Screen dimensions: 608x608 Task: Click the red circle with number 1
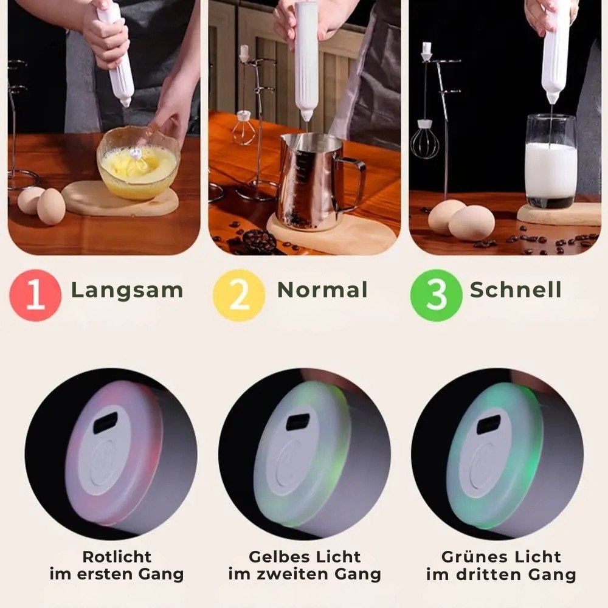coord(35,295)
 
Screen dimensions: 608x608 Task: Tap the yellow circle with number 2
coord(239,295)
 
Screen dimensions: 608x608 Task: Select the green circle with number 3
coord(436,295)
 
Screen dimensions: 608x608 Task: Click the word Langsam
coord(127,291)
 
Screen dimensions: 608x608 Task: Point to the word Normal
coord(322,289)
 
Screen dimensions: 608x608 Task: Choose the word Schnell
coord(516,289)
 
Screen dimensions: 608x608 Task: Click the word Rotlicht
coord(117,557)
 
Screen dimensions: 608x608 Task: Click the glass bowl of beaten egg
coord(138,162)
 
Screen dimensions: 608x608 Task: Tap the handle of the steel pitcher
coord(353,183)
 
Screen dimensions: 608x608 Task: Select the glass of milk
coord(551,161)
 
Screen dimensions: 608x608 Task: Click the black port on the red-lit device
coord(105,423)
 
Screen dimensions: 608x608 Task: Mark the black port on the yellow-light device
coord(298,422)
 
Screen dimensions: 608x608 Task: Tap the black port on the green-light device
coord(489,425)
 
